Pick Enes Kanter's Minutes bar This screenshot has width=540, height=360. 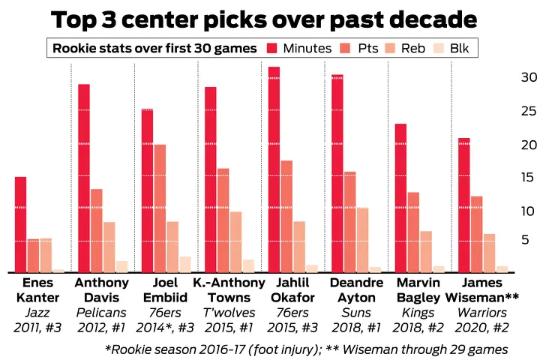[x=21, y=225]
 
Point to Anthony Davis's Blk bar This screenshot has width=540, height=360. [x=121, y=267]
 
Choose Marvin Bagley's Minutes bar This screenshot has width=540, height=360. [x=401, y=198]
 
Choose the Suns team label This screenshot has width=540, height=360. [x=356, y=312]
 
